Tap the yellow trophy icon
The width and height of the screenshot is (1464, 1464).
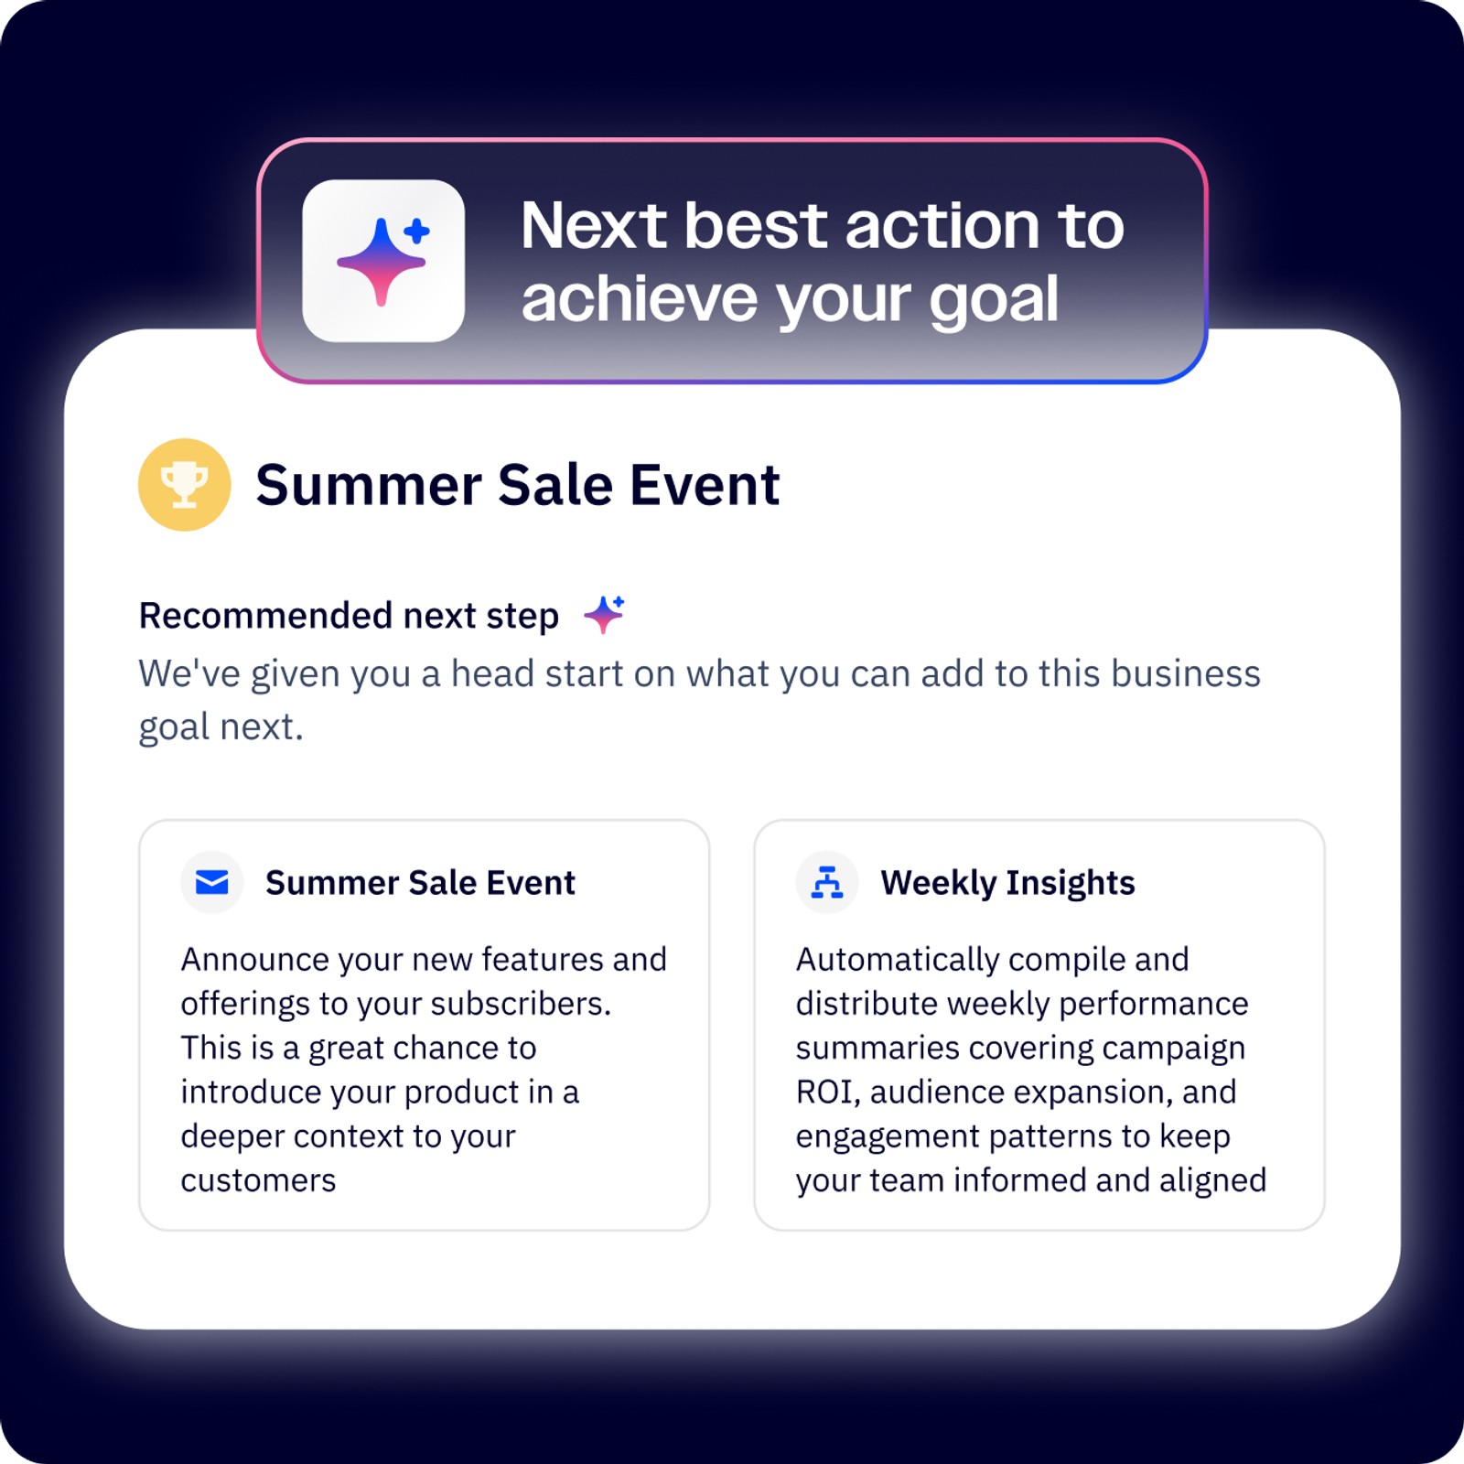(184, 484)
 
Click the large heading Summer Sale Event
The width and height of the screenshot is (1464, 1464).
(518, 484)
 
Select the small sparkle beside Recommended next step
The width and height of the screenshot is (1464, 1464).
(604, 614)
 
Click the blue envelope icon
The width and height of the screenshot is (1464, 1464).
(212, 882)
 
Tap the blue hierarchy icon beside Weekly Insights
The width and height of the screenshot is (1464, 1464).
(827, 882)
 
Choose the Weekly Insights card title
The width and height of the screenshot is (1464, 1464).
(1007, 883)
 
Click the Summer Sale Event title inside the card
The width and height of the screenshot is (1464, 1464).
(420, 883)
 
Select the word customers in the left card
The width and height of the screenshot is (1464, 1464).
(258, 1180)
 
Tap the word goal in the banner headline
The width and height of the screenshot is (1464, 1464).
(994, 301)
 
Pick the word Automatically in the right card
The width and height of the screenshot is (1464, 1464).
(898, 960)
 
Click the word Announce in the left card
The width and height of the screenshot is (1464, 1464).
(254, 960)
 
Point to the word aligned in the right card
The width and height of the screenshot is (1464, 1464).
(1212, 1180)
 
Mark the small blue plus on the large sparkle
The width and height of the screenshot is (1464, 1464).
(417, 231)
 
